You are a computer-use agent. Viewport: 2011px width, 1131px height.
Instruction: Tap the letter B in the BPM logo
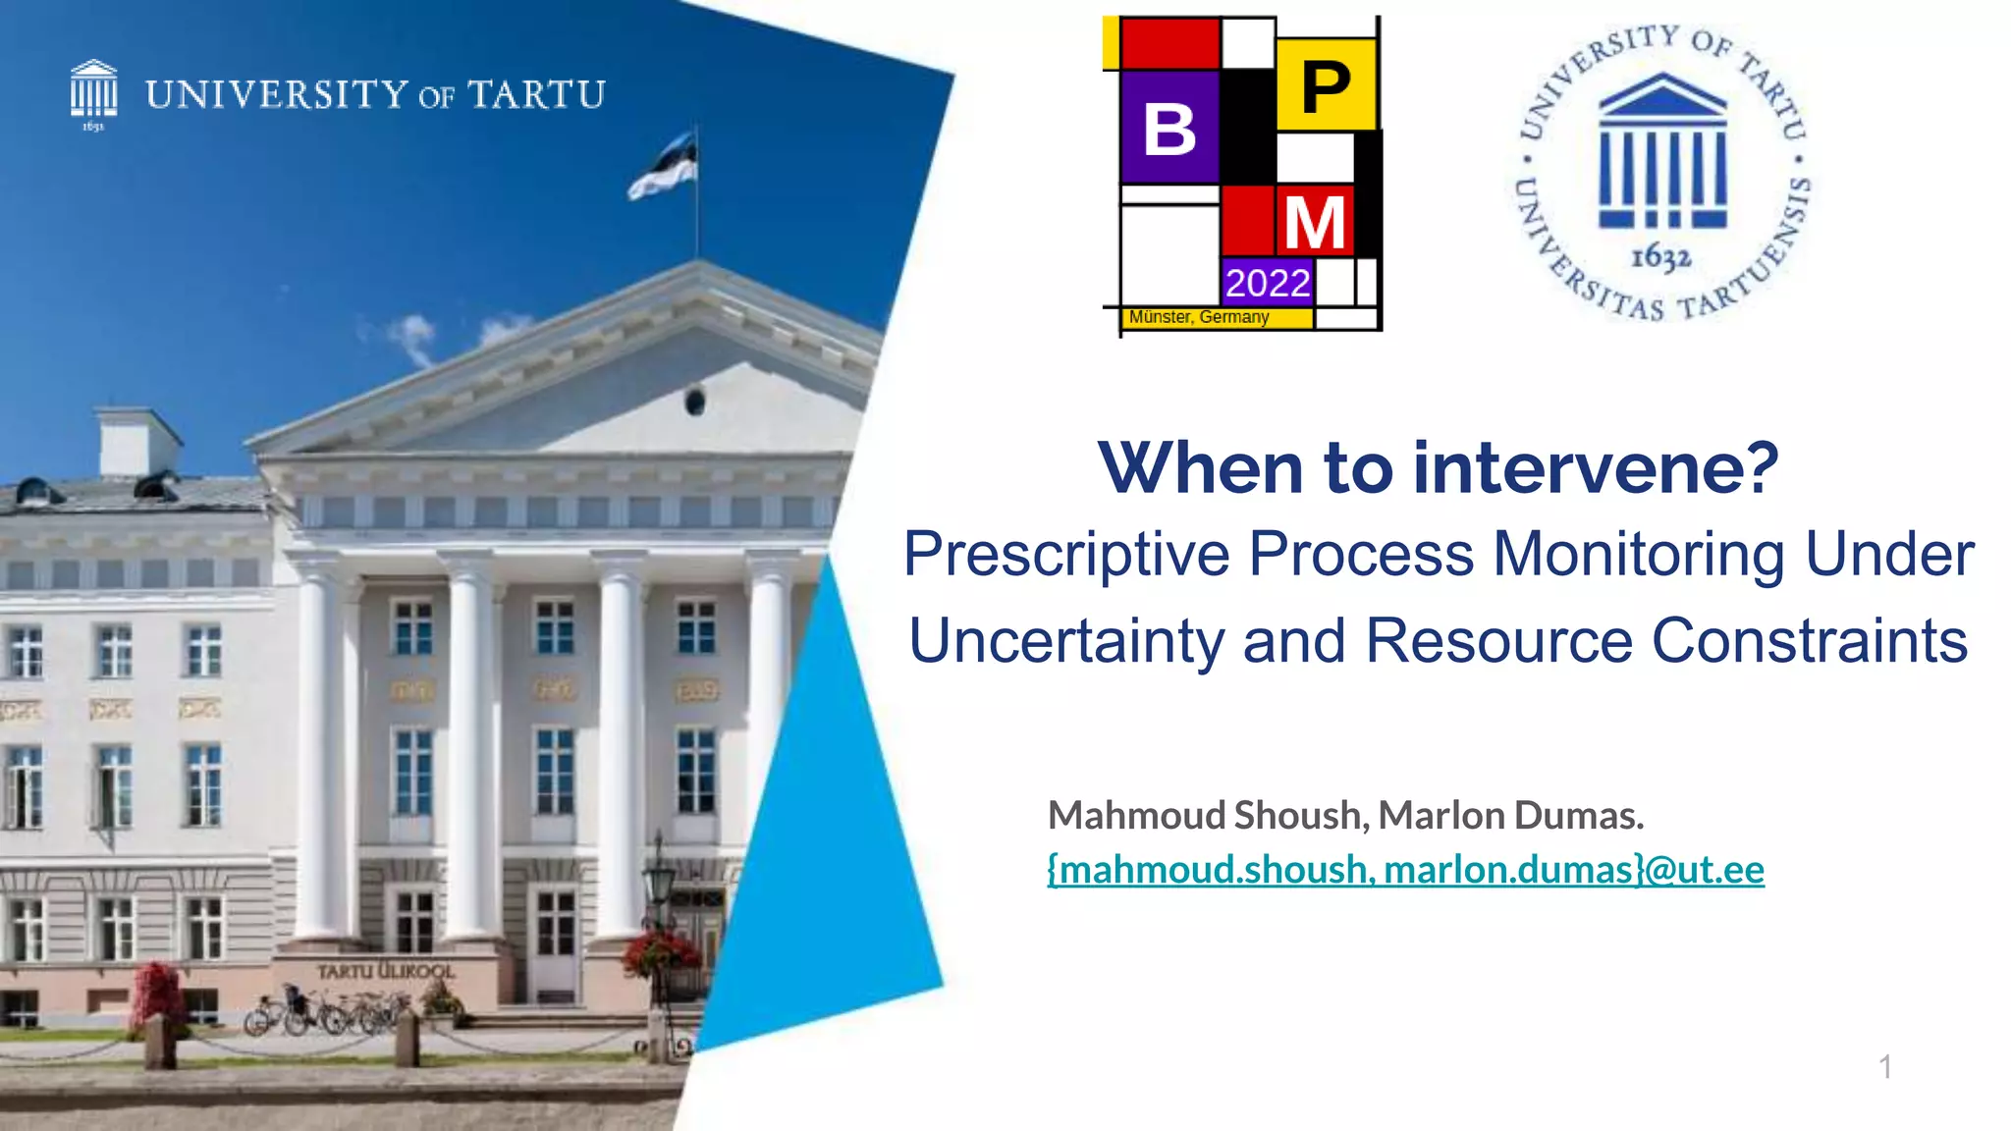click(1169, 129)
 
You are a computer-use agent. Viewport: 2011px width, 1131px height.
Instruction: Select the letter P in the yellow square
click(1326, 87)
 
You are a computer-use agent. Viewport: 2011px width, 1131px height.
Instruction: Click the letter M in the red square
click(1314, 223)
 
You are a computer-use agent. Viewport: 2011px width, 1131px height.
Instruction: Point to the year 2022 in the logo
click(1268, 284)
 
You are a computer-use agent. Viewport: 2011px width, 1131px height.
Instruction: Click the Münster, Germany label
click(1199, 317)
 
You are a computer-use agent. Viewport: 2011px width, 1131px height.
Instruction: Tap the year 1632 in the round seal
click(1660, 257)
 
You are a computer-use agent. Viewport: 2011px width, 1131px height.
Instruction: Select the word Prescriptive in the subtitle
click(1066, 554)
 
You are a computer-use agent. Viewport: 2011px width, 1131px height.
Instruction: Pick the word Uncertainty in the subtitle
click(1066, 640)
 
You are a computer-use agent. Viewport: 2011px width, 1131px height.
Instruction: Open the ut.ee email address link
click(1405, 870)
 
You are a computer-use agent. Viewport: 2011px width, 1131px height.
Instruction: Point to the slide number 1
click(1885, 1066)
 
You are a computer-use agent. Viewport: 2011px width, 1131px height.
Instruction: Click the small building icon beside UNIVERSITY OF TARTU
click(93, 91)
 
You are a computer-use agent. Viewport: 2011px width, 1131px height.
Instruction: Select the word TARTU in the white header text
click(536, 95)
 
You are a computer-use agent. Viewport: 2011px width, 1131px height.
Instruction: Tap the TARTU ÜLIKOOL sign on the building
click(385, 971)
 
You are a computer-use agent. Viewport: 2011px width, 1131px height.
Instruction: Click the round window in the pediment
click(694, 401)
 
